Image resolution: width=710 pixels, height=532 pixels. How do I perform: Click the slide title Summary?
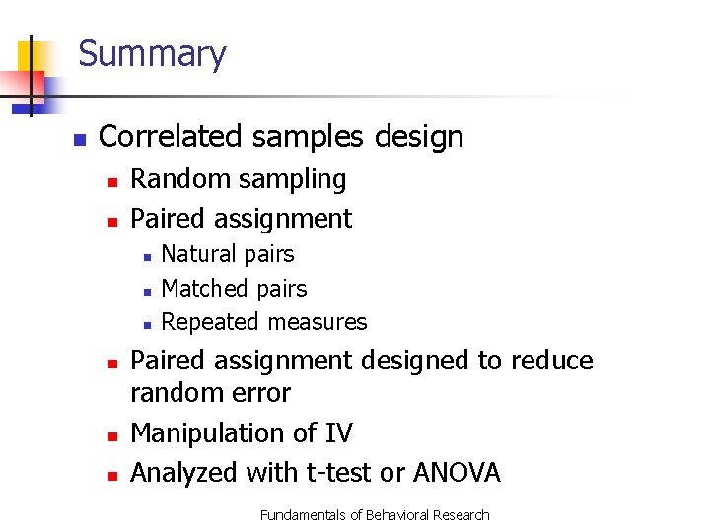pos(152,53)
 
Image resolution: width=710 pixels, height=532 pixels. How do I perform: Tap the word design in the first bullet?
pos(418,136)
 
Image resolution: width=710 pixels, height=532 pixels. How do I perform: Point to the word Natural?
pos(199,254)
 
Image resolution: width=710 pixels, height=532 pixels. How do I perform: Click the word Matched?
pos(204,289)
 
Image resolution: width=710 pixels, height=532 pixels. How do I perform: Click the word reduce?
pos(552,361)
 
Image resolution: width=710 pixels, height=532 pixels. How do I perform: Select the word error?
pos(261,394)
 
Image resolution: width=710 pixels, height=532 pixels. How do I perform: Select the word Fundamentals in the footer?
pos(304,515)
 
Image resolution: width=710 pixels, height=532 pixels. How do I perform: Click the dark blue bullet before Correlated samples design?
pos(79,138)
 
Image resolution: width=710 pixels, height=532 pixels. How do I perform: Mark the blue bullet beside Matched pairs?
pos(146,291)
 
